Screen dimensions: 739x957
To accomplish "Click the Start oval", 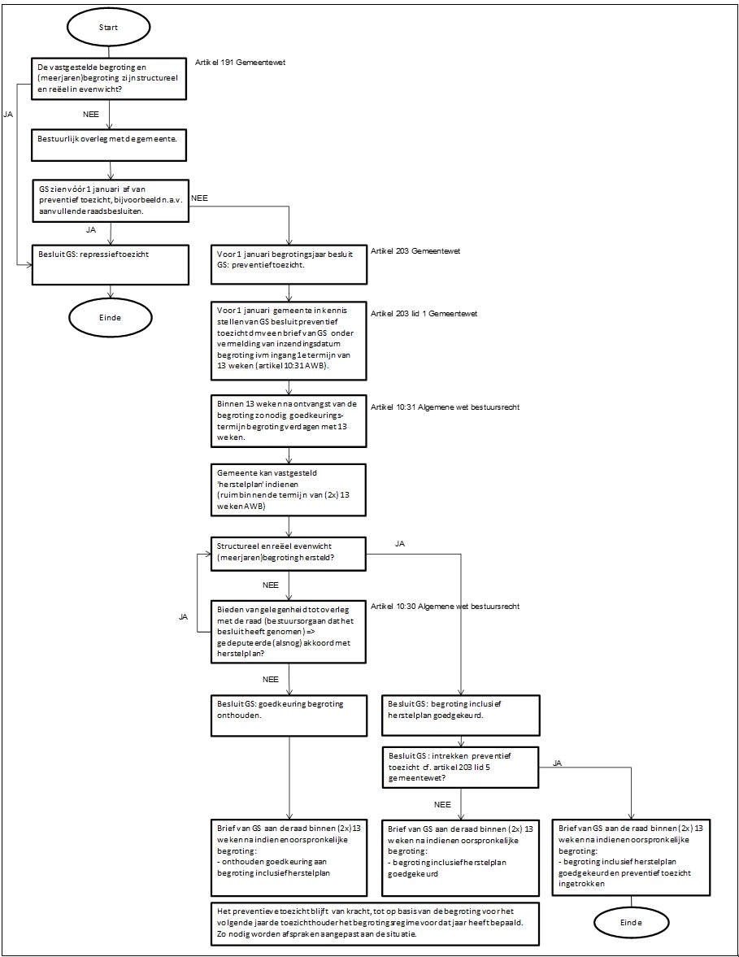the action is (109, 28).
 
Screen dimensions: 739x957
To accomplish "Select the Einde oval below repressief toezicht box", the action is (110, 317).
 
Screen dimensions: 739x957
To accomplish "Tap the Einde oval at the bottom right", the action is (631, 922).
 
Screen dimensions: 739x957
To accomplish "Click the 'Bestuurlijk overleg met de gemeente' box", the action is (109, 145).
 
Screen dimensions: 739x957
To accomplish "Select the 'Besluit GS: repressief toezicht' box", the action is (111, 265).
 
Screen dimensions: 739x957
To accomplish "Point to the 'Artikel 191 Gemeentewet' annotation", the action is (241, 63).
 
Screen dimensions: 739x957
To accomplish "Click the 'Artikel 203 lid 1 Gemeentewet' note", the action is (424, 314).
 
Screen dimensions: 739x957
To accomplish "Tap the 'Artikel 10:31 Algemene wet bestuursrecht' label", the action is (445, 407).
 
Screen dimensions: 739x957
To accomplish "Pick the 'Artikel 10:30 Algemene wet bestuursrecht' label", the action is (445, 607).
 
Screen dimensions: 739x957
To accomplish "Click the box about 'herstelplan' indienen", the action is (289, 489).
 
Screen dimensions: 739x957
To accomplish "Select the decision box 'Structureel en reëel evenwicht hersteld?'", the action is (289, 554).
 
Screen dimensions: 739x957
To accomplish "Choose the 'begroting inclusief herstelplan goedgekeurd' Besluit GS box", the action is (461, 715).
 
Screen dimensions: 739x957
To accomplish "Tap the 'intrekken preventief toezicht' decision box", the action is (461, 768).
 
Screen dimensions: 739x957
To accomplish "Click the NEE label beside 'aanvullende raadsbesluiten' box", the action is (199, 198).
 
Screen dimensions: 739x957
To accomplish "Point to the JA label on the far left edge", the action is (9, 114).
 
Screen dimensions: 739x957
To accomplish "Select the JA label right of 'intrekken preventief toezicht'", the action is (557, 763).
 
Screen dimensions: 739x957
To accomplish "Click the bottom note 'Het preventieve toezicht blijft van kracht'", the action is (375, 924).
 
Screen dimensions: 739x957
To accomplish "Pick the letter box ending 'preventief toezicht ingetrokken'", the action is (631, 857).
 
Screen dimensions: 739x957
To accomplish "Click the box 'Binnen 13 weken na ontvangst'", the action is (289, 421).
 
